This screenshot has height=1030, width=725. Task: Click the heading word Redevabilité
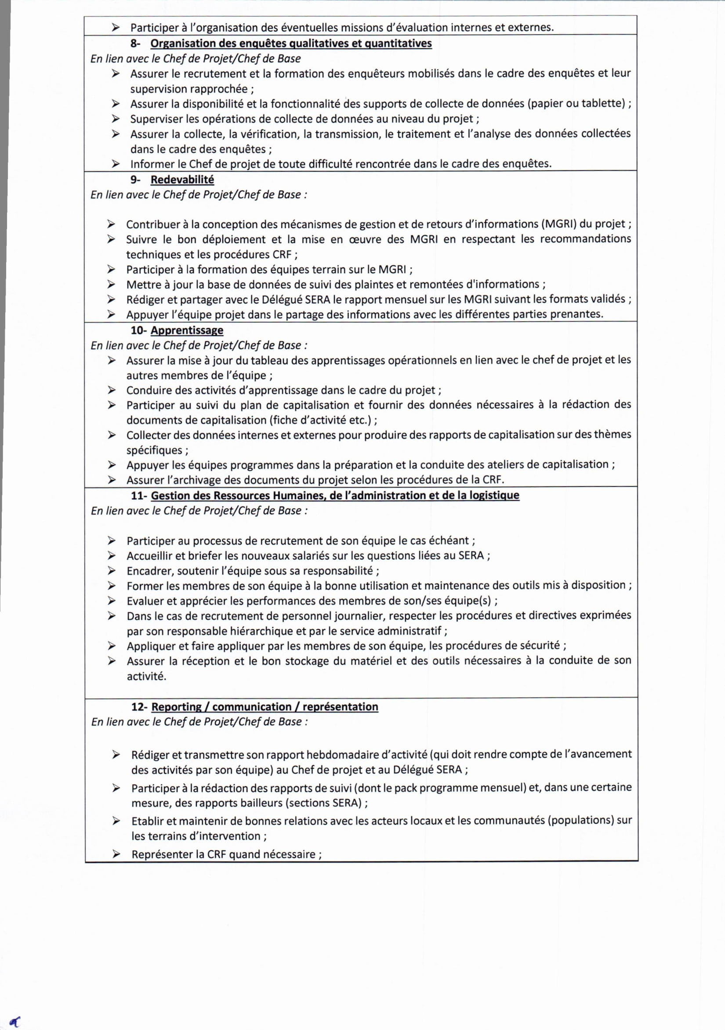[x=182, y=180]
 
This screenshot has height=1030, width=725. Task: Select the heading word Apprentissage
[x=187, y=331]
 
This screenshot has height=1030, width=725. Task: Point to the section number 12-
[x=139, y=707]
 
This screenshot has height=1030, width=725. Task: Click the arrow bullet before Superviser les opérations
[x=116, y=119]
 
